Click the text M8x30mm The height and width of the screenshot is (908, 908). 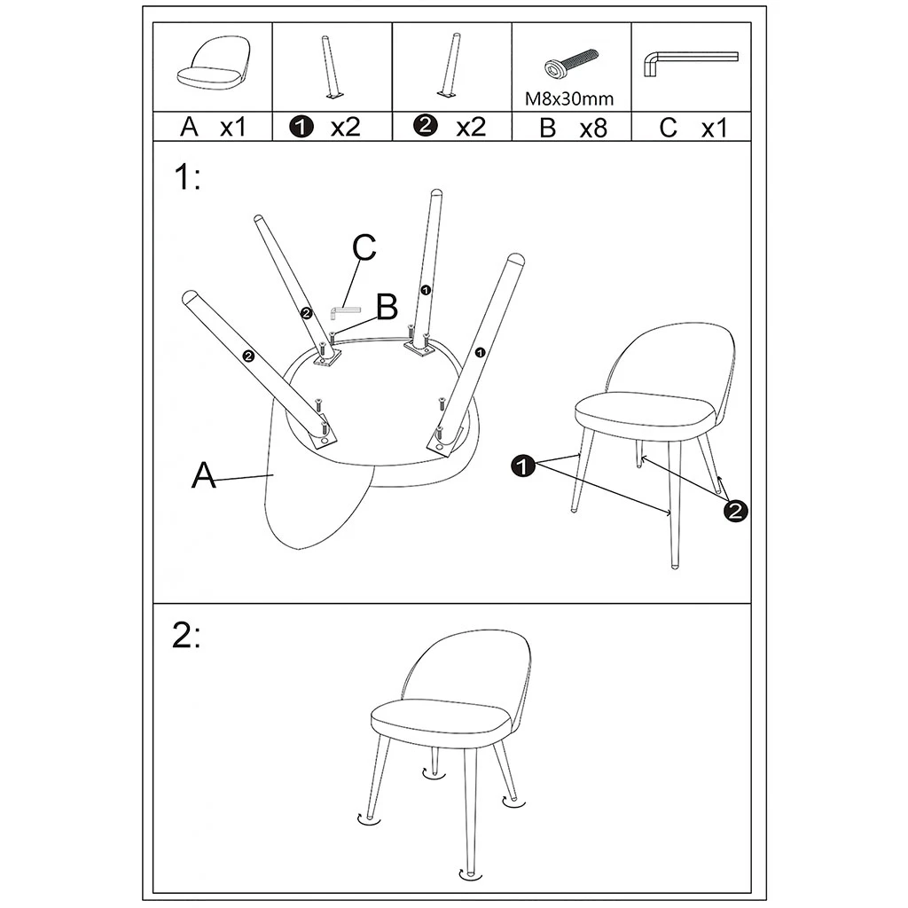coord(569,98)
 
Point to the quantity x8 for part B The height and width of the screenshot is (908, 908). coord(592,128)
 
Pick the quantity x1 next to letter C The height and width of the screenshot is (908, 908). coord(714,128)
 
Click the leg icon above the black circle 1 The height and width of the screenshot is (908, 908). coord(330,67)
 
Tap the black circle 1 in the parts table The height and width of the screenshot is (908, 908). coord(302,128)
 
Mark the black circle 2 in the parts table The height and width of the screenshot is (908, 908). coord(426,127)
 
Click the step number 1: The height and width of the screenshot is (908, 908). coord(186,178)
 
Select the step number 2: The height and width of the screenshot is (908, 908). coord(186,637)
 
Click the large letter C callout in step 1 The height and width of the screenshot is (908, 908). coord(364,249)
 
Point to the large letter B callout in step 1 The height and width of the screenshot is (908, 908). coord(386,308)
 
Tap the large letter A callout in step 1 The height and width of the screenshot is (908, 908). coord(204,475)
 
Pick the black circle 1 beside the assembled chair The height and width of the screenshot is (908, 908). coord(524,466)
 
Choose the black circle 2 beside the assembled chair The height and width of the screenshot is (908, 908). coord(735,509)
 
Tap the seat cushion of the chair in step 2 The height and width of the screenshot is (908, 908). coord(441,716)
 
